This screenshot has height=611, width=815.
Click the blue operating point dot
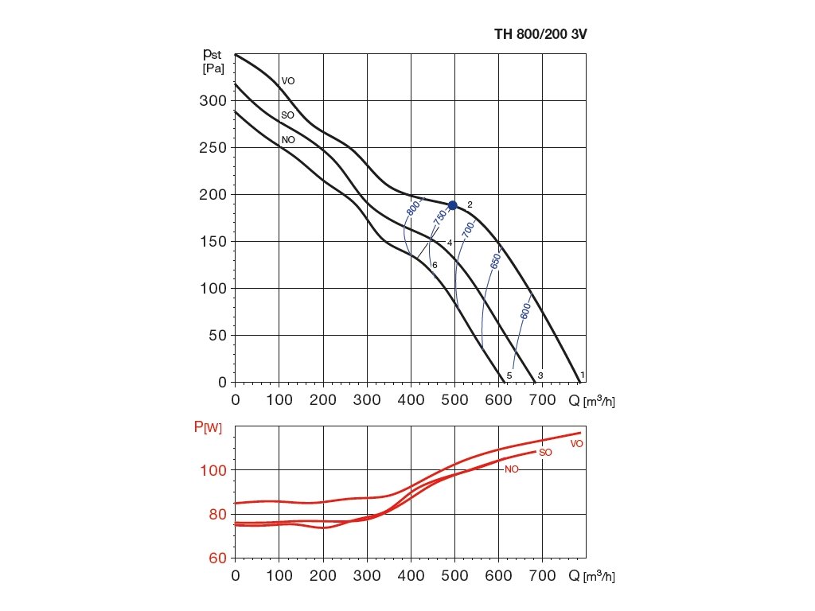point(453,205)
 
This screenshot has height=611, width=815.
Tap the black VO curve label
point(288,81)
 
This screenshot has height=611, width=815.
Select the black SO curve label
point(288,115)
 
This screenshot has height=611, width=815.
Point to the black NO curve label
point(288,139)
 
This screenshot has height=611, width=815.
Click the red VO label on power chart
point(577,443)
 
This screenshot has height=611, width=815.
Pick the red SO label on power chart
point(545,453)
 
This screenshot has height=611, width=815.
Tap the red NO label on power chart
point(512,469)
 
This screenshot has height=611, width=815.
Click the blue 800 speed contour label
point(412,208)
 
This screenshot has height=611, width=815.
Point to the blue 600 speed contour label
point(525,310)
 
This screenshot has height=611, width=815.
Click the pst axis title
point(213,54)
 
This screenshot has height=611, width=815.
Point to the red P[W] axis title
point(208,427)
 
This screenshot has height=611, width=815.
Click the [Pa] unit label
point(213,68)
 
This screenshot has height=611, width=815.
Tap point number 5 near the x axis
point(509,376)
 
